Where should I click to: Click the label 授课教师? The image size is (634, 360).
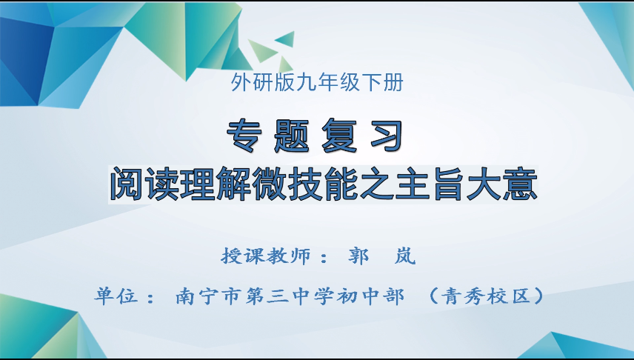262,256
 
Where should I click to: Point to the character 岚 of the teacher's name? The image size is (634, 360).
407,256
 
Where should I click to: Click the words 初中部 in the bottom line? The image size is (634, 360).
373,297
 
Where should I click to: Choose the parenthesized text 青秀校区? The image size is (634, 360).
488,297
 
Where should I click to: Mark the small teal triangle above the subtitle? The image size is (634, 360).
284,37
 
